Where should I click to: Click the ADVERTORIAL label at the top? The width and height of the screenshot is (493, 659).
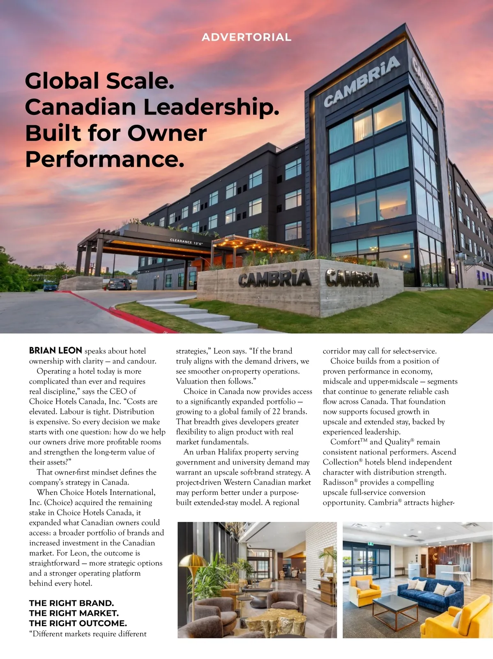tap(246, 37)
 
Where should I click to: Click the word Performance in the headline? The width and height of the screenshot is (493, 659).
tap(105, 159)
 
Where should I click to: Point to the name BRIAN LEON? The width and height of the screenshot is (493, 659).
tap(55, 351)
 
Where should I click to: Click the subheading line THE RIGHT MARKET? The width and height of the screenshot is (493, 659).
tap(74, 613)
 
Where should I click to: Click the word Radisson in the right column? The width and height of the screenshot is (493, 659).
tap(338, 483)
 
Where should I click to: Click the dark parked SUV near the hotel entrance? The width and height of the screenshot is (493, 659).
tap(119, 284)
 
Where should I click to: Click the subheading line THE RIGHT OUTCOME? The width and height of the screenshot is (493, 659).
tap(78, 623)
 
